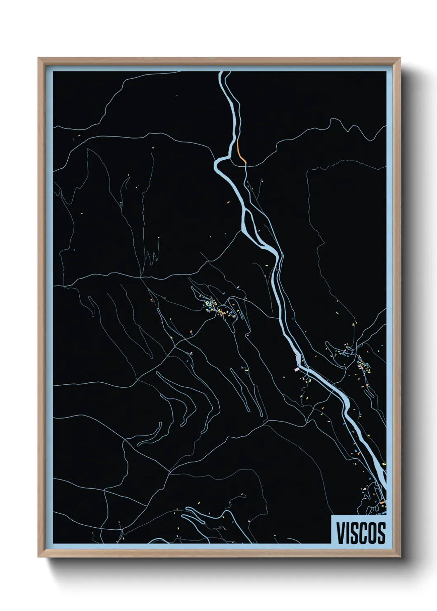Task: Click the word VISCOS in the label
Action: click(361, 533)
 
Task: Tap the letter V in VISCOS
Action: click(341, 533)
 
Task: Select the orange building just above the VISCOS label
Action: click(382, 502)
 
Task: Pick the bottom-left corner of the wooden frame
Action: click(39, 557)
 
